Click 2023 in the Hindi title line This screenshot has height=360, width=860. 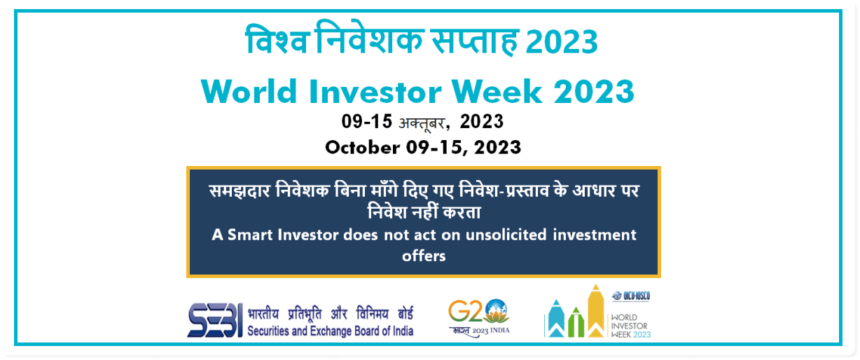click(x=562, y=41)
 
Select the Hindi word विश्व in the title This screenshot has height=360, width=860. click(x=277, y=39)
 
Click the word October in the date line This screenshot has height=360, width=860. click(x=363, y=147)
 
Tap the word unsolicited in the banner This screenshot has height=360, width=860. click(x=506, y=235)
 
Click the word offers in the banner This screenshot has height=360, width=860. click(x=424, y=256)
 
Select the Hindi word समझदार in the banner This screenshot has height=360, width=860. click(x=240, y=191)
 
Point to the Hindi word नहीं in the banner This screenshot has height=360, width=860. click(x=425, y=212)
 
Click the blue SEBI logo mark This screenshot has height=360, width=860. click(x=215, y=320)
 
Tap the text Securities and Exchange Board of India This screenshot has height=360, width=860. click(x=330, y=331)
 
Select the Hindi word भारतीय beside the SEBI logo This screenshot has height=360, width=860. click(x=263, y=313)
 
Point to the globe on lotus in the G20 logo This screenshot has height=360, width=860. click(x=497, y=311)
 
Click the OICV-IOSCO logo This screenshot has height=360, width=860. click(x=631, y=296)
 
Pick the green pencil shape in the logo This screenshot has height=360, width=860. click(x=576, y=322)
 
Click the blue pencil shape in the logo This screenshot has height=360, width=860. click(x=556, y=319)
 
